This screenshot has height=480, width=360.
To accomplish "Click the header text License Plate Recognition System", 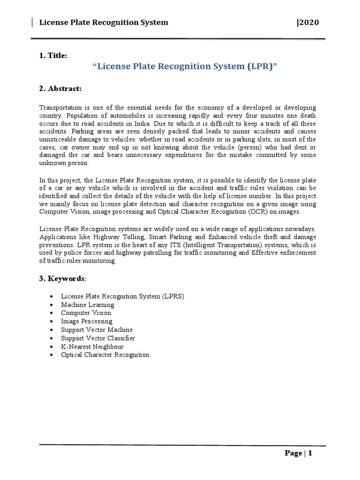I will [103, 22].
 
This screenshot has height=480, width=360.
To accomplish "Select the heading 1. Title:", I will [53, 56].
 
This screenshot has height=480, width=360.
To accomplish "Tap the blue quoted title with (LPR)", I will [185, 67].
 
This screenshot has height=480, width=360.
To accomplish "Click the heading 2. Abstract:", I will [60, 88].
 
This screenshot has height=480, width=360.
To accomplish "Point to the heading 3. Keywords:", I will [62, 279].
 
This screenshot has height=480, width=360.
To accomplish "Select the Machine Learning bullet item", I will [87, 305].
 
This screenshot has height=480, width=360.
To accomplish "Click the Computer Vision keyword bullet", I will [86, 313].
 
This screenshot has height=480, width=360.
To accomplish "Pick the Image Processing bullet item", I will [86, 322].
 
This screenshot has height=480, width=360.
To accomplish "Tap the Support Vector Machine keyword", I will [97, 330].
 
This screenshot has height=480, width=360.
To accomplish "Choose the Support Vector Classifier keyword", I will [97, 338].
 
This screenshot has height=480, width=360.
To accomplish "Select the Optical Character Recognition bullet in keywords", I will [105, 355].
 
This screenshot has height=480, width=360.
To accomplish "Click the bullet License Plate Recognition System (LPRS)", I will [122, 296].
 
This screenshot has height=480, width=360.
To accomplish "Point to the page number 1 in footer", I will [310, 453].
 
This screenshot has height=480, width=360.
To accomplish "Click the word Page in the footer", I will [293, 453].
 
